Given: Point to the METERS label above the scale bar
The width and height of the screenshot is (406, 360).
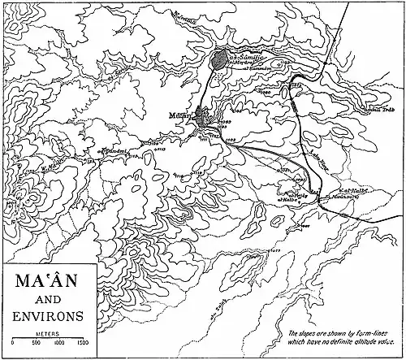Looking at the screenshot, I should click(45, 333).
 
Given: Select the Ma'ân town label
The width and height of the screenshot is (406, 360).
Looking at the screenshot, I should click(180, 116).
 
